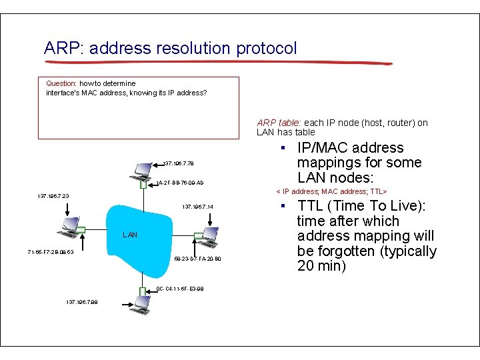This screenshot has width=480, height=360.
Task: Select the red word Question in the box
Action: click(x=61, y=83)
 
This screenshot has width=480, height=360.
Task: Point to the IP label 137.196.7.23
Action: click(x=53, y=196)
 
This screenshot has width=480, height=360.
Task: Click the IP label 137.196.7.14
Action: click(x=197, y=207)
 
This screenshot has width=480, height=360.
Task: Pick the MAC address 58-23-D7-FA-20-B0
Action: click(x=197, y=259)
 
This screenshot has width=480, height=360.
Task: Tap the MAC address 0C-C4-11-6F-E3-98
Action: click(x=179, y=289)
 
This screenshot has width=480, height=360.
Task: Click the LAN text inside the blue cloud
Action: click(x=131, y=235)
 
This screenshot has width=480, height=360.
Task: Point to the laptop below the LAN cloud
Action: click(x=141, y=304)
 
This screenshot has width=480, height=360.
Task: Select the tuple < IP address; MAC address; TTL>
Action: click(x=331, y=191)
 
